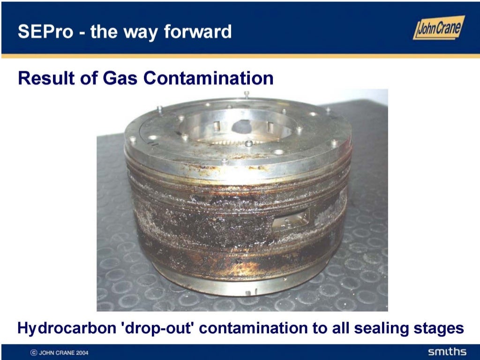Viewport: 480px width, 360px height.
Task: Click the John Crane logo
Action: pyautogui.click(x=439, y=28)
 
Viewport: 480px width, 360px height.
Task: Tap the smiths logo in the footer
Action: pyautogui.click(x=447, y=352)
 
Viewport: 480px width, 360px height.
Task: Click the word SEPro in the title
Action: pyautogui.click(x=44, y=32)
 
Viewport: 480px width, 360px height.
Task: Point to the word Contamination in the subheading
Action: pyautogui.click(x=208, y=78)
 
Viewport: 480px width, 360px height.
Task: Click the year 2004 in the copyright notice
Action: pyautogui.click(x=81, y=352)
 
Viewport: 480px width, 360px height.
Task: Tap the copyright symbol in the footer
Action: pyautogui.click(x=34, y=352)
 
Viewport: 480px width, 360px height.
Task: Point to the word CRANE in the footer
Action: pyautogui.click(x=62, y=352)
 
